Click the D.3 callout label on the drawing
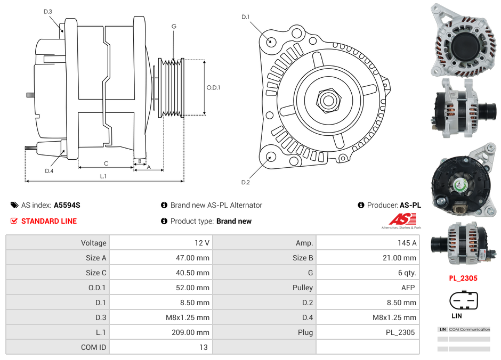[48, 11]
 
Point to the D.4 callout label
[49, 171]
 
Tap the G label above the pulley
[174, 26]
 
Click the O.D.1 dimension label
[213, 88]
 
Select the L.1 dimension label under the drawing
[103, 176]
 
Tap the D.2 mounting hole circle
[270, 157]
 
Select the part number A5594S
[67, 205]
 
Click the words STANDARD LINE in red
[49, 221]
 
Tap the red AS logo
[402, 219]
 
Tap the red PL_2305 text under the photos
[463, 278]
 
